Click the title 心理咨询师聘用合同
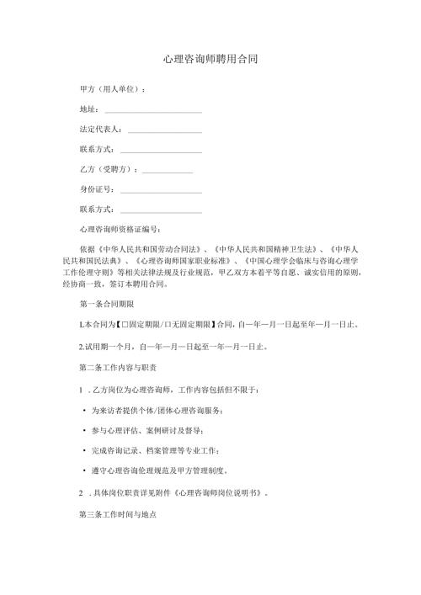click(x=210, y=60)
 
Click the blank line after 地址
click(x=152, y=110)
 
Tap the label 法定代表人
click(x=102, y=130)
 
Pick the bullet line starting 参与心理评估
click(x=155, y=430)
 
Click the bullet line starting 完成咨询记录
click(x=165, y=450)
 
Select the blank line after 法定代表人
click(x=165, y=130)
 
